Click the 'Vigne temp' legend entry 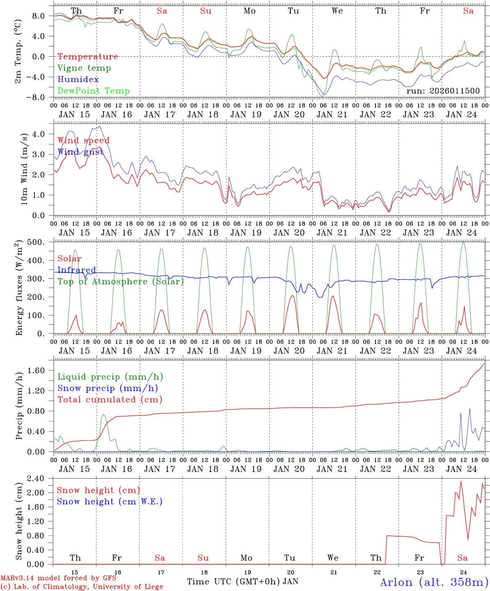84,68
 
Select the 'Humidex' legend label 78,80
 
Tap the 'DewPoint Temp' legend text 94,91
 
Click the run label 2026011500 443,91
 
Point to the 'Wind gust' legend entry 80,152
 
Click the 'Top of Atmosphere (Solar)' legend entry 121,282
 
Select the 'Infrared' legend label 77,270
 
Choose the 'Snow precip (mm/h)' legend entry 108,388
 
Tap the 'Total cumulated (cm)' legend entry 110,400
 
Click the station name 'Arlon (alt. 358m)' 434,582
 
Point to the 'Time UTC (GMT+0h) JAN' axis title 243,582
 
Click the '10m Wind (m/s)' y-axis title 24,169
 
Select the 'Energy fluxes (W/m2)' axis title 19,289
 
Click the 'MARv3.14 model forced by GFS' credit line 58,578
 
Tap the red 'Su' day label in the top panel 206,11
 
